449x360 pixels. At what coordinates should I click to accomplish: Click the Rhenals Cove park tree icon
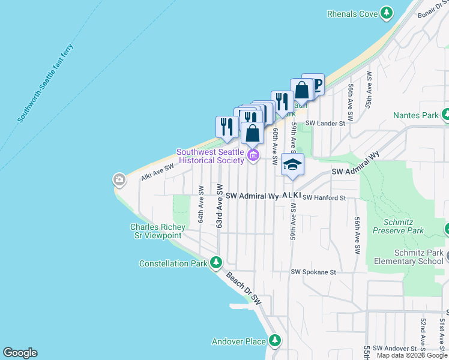coord(387,13)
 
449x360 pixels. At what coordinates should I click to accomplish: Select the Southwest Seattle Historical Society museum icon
coord(253,157)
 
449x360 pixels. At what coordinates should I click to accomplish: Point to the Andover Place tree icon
coord(275,341)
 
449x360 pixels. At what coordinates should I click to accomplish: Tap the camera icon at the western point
coord(119,179)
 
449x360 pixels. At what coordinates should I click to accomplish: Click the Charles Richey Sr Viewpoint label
coord(155,231)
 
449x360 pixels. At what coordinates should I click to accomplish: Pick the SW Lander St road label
coord(326,124)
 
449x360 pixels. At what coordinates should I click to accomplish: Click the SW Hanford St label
coord(325,197)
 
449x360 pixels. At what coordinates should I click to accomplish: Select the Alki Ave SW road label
coord(157,172)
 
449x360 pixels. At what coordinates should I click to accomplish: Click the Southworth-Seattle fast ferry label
coord(46,83)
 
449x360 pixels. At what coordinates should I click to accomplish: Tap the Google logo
coord(20,353)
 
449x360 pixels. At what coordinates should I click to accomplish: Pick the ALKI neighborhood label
coord(291,196)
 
